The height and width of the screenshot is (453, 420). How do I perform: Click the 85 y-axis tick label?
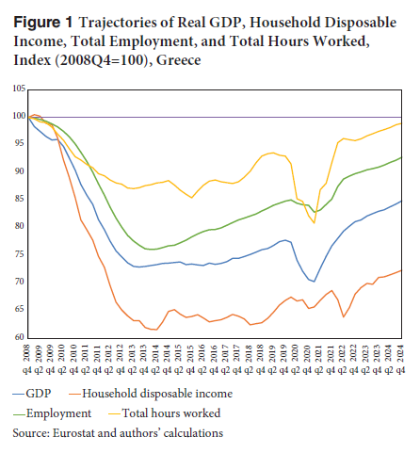(x=19, y=199)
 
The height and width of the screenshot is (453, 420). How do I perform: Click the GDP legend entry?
(x=32, y=394)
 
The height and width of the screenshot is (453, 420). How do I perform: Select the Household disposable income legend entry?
(x=151, y=394)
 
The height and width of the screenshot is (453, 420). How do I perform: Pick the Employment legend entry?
(x=52, y=413)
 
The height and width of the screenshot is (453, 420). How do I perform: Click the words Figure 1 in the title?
(x=42, y=23)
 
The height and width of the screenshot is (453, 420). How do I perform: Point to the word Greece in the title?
(x=179, y=60)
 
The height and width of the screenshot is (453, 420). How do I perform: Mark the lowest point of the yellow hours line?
(x=314, y=223)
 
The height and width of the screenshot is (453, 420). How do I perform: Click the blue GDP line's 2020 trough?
(x=314, y=282)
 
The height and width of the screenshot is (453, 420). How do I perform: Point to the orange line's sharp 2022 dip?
(x=344, y=316)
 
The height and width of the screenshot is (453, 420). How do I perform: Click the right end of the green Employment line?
(x=401, y=157)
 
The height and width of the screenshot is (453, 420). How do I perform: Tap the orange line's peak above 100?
(x=35, y=115)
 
